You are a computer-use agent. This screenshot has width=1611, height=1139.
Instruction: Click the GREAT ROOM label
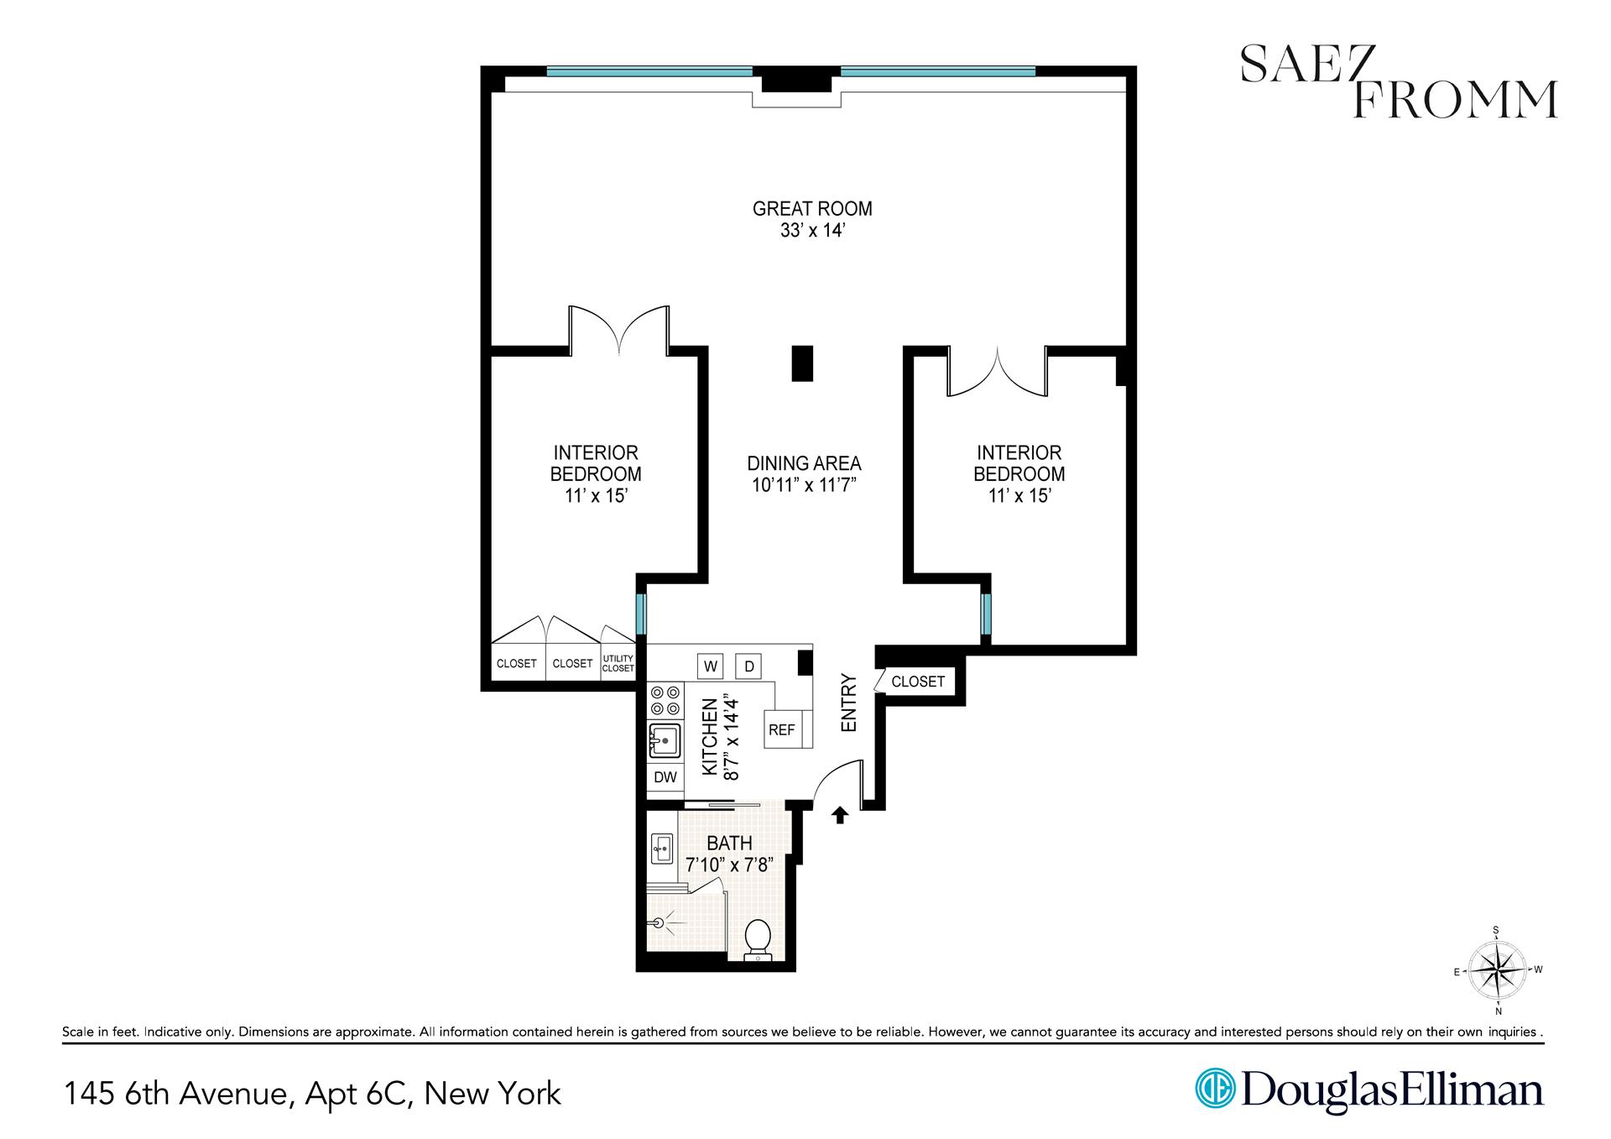tap(811, 208)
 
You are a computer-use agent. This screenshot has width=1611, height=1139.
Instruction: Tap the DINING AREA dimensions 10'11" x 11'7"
tap(804, 485)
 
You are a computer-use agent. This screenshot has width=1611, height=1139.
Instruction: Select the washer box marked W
tap(710, 666)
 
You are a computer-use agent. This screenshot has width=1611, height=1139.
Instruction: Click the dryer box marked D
tap(748, 666)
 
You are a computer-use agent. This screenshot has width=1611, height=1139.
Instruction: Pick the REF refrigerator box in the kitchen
tap(781, 729)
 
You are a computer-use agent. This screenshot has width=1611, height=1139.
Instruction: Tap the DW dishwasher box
tap(665, 777)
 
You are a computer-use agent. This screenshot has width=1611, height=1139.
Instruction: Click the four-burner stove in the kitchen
tap(665, 700)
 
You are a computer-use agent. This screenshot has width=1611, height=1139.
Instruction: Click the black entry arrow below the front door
tap(840, 814)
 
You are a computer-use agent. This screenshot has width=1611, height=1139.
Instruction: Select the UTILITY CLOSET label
tap(618, 664)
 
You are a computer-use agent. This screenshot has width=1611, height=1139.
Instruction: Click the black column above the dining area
tap(802, 363)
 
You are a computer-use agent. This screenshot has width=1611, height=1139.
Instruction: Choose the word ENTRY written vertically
tap(848, 703)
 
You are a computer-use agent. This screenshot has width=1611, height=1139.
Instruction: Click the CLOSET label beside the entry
tap(918, 682)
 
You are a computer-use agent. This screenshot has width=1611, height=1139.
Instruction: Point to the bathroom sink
tap(661, 849)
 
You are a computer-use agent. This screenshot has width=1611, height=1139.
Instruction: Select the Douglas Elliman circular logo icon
tap(1213, 1089)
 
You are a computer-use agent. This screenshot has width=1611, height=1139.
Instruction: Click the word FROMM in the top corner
tap(1455, 100)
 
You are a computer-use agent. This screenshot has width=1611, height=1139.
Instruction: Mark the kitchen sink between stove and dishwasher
tap(664, 741)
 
